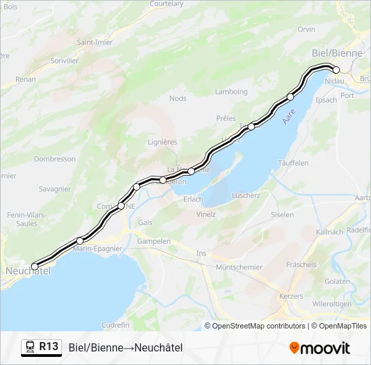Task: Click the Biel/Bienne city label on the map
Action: tap(337, 53)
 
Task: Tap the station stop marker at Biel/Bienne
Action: tap(336, 70)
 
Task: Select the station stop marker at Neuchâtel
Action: tap(35, 266)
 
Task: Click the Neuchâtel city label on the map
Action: tap(27, 271)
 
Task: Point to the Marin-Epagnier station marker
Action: tap(80, 241)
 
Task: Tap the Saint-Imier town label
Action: tap(94, 42)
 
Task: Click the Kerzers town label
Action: tap(291, 296)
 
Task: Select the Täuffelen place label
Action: tap(293, 163)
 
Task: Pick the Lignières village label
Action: tap(162, 142)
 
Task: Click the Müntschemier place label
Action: tap(239, 267)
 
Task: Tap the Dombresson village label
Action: tap(55, 159)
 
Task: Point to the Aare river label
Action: tap(288, 117)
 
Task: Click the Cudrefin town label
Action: tap(115, 324)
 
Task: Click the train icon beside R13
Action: tap(30, 347)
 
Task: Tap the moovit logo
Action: tap(320, 348)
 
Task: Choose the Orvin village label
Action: tap(306, 29)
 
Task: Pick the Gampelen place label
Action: tap(154, 241)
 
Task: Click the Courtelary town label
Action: tap(167, 3)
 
